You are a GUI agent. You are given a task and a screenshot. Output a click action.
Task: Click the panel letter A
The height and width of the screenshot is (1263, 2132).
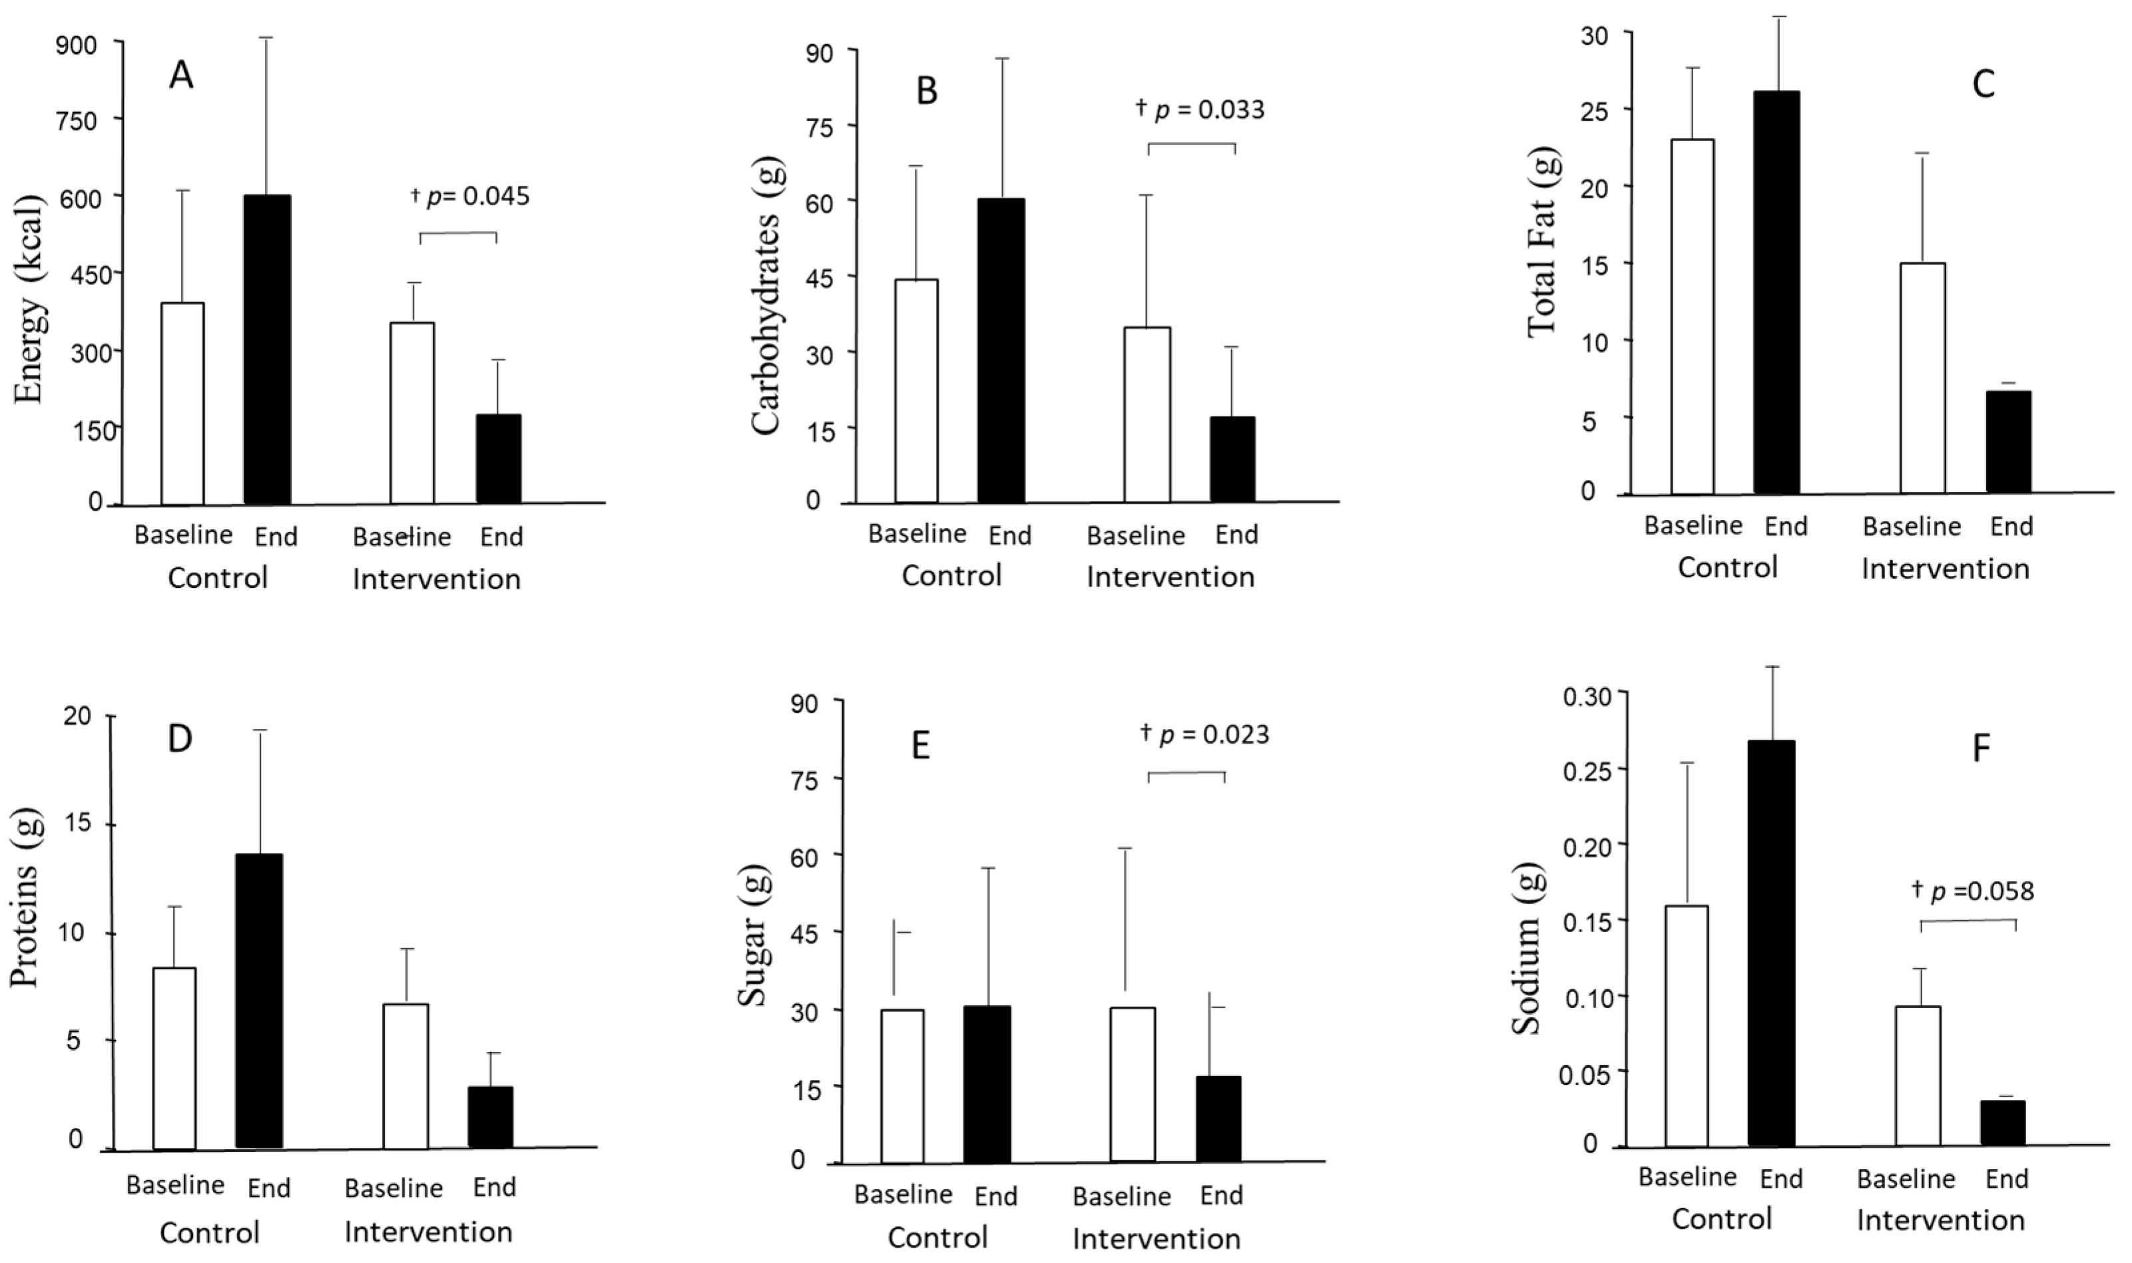pyautogui.click(x=181, y=76)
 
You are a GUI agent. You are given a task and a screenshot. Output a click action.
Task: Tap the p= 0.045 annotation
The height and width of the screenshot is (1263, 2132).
pyautogui.click(x=471, y=196)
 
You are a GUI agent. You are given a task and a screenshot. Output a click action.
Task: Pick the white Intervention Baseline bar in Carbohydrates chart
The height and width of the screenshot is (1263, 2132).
pyautogui.click(x=1147, y=415)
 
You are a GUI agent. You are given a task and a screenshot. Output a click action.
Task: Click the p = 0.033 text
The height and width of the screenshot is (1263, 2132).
pyautogui.click(x=1201, y=110)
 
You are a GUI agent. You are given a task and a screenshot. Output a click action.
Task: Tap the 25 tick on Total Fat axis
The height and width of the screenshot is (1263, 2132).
pyautogui.click(x=1594, y=109)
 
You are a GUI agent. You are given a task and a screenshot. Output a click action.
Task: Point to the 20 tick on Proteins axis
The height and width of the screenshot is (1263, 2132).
pyautogui.click(x=77, y=716)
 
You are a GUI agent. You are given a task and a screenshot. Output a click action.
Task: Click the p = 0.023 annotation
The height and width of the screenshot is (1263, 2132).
pyautogui.click(x=1205, y=734)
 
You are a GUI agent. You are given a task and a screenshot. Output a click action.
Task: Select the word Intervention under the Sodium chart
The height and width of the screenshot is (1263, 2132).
pyautogui.click(x=1940, y=1220)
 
